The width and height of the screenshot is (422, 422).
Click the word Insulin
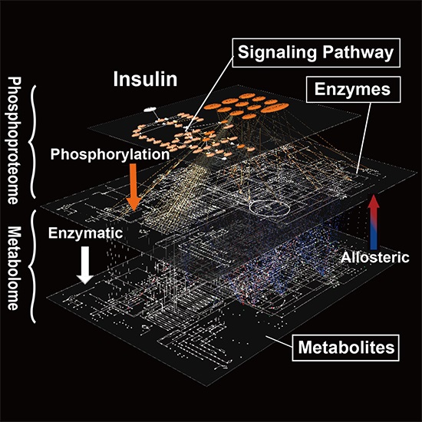point(145,79)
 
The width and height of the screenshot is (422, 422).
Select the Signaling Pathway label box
point(316,53)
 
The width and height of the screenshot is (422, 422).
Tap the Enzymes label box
point(353,89)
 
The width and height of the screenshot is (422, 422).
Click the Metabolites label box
point(345,348)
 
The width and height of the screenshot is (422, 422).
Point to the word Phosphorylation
point(110,154)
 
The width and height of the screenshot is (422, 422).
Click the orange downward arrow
point(134,187)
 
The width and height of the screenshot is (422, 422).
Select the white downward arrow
point(85,265)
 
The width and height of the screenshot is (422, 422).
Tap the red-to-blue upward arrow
point(374,222)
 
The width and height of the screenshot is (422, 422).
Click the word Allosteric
point(375,258)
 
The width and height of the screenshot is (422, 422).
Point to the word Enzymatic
point(86,233)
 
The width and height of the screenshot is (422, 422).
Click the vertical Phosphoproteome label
point(14,140)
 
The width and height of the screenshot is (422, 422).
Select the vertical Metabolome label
point(14,268)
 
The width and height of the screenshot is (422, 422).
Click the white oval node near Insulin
point(150,109)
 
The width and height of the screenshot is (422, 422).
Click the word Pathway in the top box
point(358,52)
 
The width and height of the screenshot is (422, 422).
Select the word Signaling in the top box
point(277,53)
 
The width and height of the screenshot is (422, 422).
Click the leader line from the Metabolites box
point(279,341)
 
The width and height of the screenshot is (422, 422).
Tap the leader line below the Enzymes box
point(364,138)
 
